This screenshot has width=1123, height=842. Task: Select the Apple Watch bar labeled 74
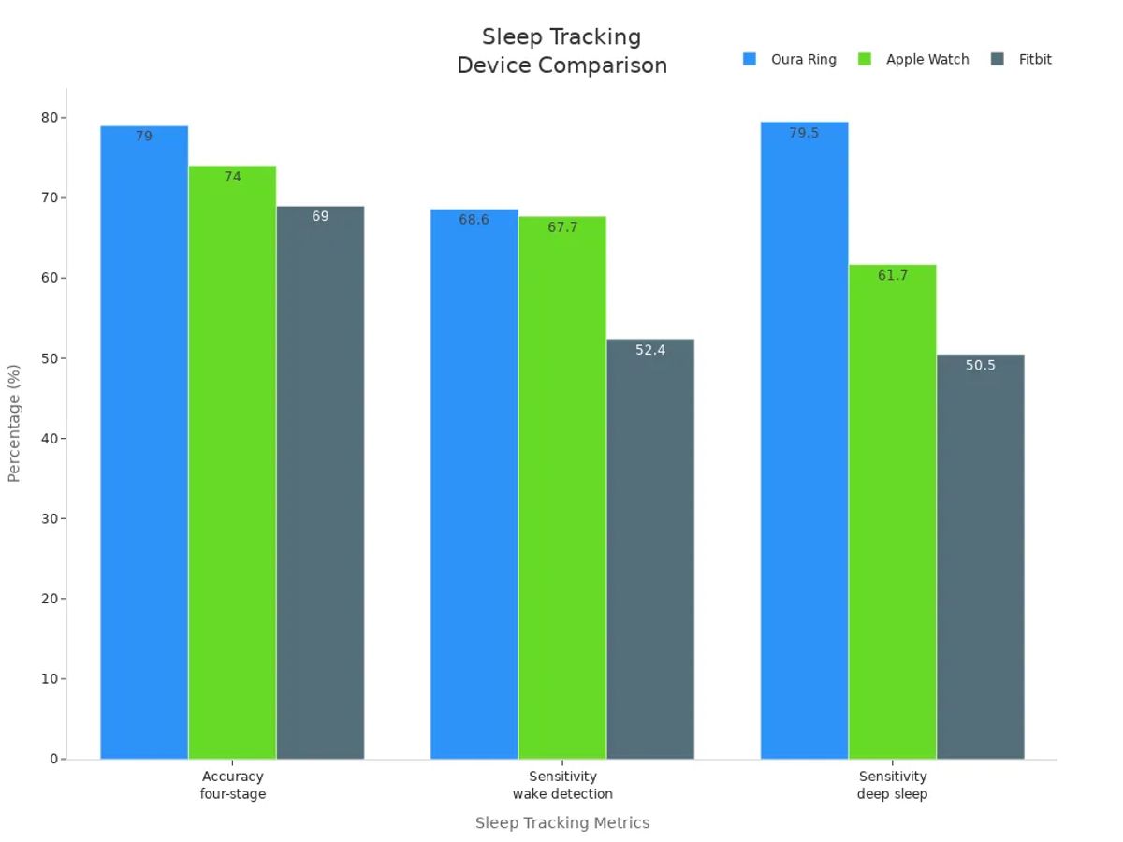coord(232,462)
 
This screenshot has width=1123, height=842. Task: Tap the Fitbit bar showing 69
coord(320,482)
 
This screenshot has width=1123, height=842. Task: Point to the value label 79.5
coord(804,133)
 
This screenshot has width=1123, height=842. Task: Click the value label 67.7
coord(562,227)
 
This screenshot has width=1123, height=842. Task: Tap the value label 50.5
coord(980,366)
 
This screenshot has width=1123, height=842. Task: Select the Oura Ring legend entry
coord(791,59)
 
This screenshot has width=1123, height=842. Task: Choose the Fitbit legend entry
coord(1022,59)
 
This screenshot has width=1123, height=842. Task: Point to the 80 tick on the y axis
coord(49,118)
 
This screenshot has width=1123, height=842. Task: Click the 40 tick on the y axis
coord(49,438)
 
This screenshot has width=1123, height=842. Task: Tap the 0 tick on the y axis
coord(53,759)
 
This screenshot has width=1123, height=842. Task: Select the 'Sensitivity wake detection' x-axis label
coord(562,785)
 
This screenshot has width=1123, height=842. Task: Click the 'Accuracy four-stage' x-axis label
coord(232,785)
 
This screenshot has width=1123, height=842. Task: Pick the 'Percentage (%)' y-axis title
coord(14,423)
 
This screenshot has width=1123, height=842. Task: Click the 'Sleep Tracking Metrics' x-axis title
coord(561,823)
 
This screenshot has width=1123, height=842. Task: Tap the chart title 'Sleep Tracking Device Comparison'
coord(561,51)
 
